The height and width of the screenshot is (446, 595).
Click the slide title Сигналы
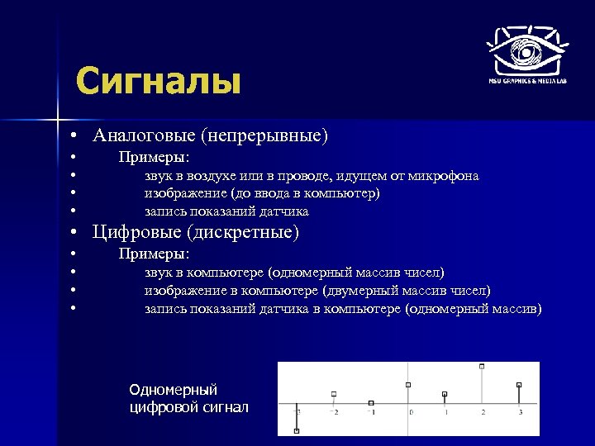158,83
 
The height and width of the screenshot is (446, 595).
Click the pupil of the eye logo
526,53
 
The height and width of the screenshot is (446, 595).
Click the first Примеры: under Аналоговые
155,157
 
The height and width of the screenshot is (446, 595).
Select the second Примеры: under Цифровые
155,254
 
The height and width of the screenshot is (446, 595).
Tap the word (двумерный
360,291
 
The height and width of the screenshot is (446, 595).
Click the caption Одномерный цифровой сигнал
188,398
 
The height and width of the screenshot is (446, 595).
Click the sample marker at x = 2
481,366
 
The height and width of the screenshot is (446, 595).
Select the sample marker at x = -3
297,430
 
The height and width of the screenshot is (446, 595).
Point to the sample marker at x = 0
408,385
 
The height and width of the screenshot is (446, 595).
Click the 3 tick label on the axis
520,411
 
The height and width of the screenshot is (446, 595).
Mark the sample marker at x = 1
445,394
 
